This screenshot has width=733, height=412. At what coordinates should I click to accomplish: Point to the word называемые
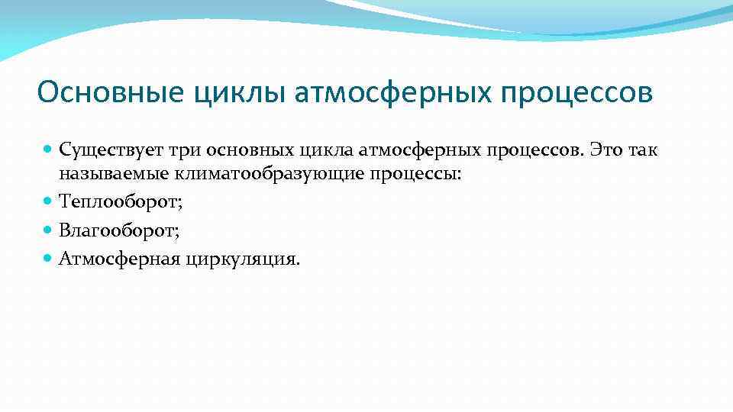pos(114,175)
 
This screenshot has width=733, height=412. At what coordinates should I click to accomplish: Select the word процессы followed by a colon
pos(416,175)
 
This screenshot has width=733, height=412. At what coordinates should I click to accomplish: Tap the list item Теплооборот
pos(121,202)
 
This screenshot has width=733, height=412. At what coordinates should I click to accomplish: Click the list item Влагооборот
pos(119,230)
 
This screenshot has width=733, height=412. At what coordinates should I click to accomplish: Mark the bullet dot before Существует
pos(49,149)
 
